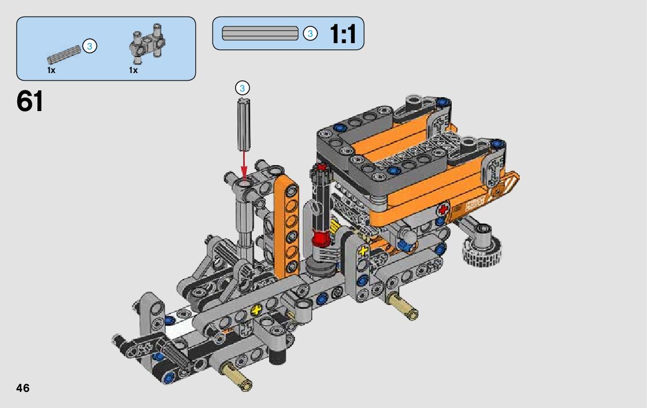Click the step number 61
click(x=30, y=101)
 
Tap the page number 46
click(x=22, y=388)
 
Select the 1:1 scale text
click(x=342, y=34)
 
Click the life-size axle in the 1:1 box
click(x=260, y=33)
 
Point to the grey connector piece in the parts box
click(x=147, y=43)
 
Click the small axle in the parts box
click(x=64, y=55)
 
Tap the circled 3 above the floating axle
click(x=242, y=88)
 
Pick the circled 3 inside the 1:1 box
click(x=311, y=33)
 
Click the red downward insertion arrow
click(x=244, y=165)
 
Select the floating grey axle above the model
click(x=244, y=124)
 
